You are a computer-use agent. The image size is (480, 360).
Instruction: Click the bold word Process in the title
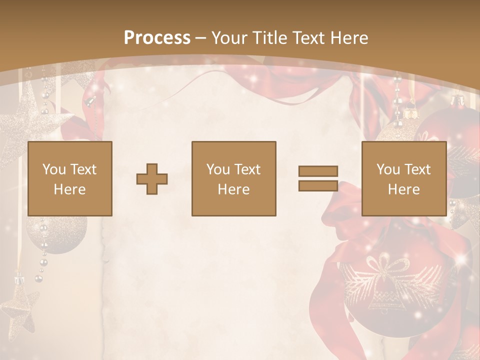157,38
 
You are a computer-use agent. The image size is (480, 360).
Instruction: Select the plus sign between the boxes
152,178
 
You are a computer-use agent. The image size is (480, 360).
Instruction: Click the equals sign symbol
318,178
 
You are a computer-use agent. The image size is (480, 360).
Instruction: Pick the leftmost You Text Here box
70,178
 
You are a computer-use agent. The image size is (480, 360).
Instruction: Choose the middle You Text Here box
234,178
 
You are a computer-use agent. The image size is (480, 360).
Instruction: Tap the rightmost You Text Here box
403,178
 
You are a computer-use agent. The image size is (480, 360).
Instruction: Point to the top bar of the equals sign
318,171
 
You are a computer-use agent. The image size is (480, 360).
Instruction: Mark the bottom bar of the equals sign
318,185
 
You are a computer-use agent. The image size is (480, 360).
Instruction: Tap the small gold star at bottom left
19,305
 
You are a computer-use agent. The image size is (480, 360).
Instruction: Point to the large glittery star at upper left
25,120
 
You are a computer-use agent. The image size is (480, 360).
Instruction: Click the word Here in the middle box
234,189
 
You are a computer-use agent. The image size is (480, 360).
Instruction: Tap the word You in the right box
388,169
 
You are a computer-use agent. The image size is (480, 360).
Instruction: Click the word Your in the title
228,38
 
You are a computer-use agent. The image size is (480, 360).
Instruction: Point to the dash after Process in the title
200,38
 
